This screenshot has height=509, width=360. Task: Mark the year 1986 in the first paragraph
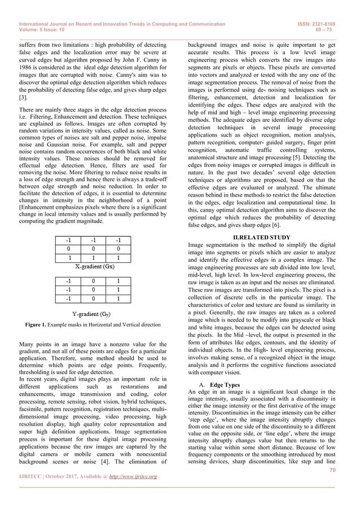point(27,66)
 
